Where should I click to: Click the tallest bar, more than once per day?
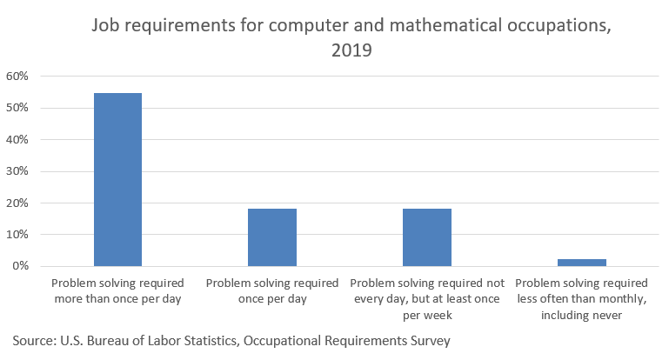pos(117,179)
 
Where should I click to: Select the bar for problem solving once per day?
pos(272,237)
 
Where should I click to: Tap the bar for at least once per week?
pos(427,237)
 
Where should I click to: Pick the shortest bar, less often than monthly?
pos(582,262)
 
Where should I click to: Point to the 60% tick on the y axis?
pos(18,77)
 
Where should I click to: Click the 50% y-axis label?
pos(18,109)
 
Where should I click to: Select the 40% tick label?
pos(18,140)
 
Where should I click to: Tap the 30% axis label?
pos(18,171)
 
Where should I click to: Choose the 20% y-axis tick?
pos(18,203)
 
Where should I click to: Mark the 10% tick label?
pos(18,235)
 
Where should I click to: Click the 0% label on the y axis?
pos(21,266)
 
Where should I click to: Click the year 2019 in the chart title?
pos(351,51)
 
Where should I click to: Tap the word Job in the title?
pos(107,26)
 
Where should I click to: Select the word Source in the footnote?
pos(36,341)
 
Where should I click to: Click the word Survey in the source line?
pos(428,341)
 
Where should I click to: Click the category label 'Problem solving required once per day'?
pos(272,290)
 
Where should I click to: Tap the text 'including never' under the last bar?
pos(582,315)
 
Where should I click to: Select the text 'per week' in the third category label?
pos(427,315)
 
